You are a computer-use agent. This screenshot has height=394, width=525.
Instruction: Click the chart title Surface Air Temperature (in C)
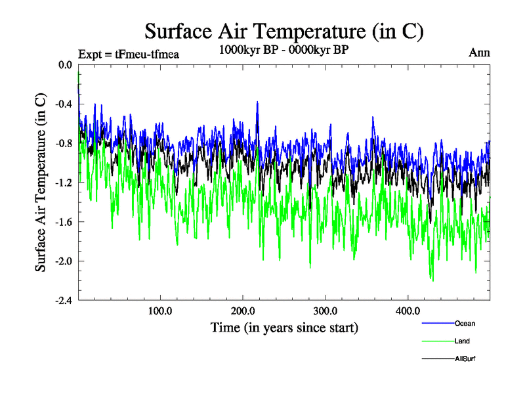[x=283, y=31]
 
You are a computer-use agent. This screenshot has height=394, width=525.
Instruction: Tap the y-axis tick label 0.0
[x=65, y=65]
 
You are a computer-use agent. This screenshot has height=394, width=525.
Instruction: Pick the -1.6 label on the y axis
[x=64, y=222]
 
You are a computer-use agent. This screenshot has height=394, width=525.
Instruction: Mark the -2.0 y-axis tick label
[x=64, y=261]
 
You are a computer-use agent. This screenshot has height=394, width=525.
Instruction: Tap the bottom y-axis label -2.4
[x=64, y=301]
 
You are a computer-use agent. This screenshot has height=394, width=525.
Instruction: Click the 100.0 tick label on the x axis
[x=160, y=311]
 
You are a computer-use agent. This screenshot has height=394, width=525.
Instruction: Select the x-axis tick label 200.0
[x=243, y=311]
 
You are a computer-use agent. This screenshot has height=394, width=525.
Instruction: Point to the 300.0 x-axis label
[x=325, y=311]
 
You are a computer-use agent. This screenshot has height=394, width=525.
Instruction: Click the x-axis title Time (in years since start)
[x=284, y=327]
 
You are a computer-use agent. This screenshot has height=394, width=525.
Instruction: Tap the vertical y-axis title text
[x=41, y=183]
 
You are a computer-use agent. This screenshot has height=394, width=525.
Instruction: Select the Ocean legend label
[x=465, y=323]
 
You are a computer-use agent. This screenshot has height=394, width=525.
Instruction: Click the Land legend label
[x=462, y=341]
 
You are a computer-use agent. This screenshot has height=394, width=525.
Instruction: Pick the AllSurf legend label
[x=465, y=359]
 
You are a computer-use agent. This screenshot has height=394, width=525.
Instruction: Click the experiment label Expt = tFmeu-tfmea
[x=129, y=54]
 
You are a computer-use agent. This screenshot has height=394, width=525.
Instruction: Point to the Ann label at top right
[x=479, y=53]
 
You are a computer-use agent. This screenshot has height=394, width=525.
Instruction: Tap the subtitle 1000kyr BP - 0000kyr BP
[x=283, y=50]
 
